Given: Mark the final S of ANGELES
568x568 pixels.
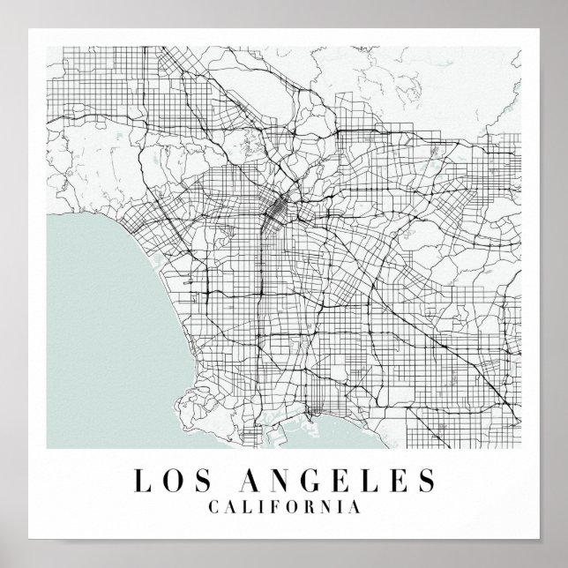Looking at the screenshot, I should click(426, 480).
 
